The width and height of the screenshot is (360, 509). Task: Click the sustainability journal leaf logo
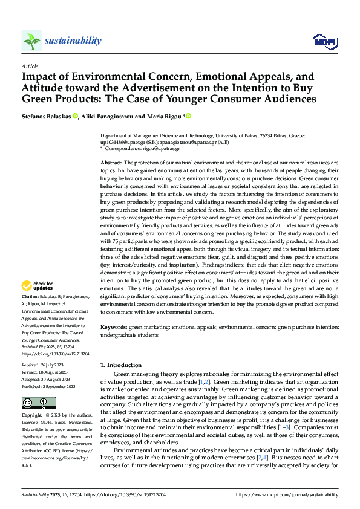click(x=31, y=41)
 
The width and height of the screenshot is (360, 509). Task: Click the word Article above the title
click(x=30, y=66)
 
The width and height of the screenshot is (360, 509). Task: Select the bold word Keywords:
click(x=114, y=326)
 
